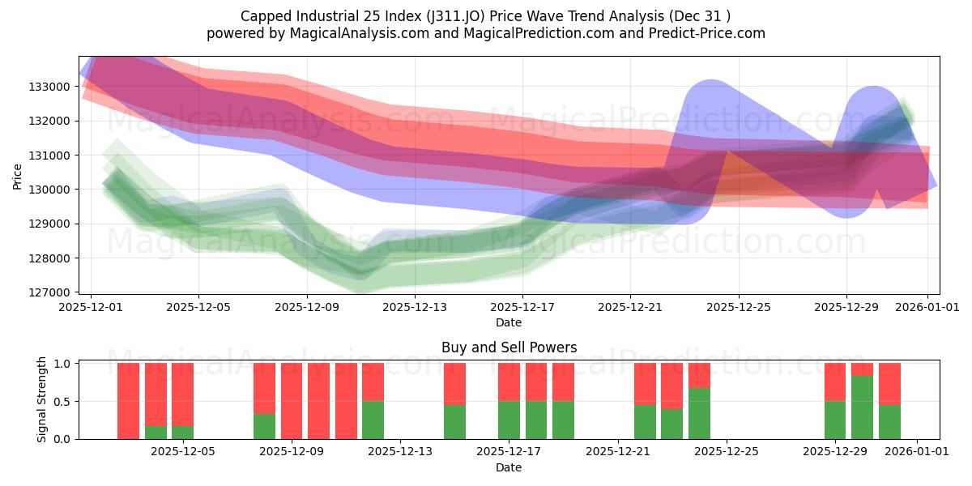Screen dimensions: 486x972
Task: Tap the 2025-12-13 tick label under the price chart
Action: click(415, 308)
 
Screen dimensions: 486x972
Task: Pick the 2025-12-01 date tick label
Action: click(91, 308)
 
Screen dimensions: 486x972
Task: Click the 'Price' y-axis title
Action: click(18, 175)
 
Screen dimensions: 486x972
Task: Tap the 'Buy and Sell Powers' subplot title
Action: click(509, 347)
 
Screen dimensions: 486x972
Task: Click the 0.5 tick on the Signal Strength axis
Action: click(66, 401)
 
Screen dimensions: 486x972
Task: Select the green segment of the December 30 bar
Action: click(862, 407)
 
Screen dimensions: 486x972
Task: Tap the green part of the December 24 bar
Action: click(699, 413)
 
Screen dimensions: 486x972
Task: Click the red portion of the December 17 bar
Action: click(509, 382)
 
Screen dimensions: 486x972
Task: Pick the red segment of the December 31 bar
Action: click(889, 383)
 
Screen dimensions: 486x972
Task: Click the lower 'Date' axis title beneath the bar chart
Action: click(509, 467)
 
